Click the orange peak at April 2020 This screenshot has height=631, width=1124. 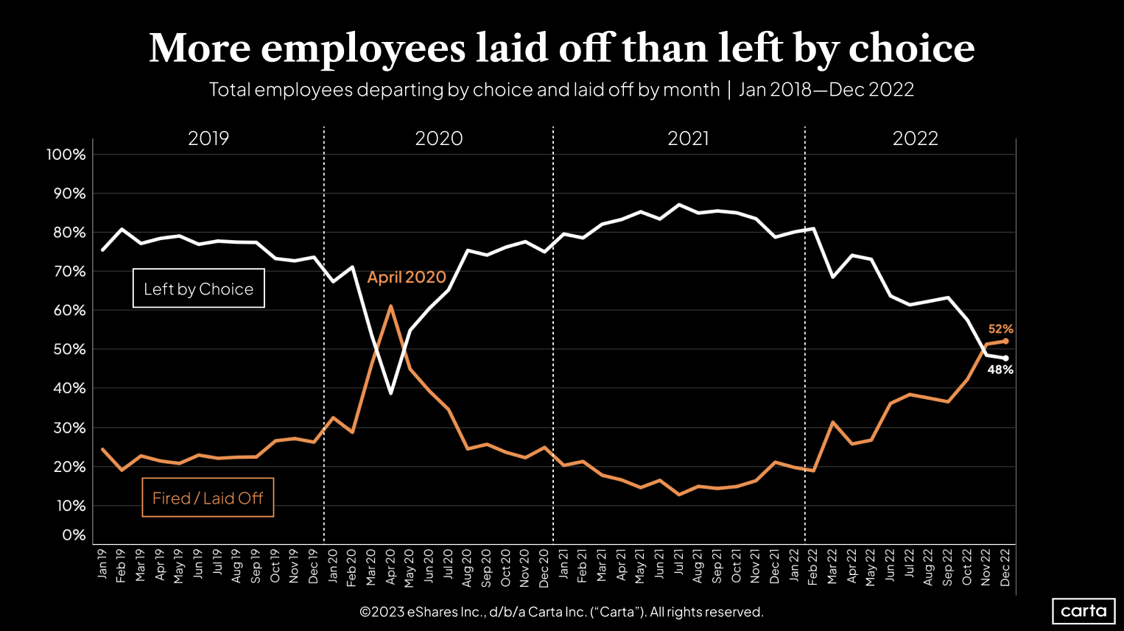(x=390, y=306)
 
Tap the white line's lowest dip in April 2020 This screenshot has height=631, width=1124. (x=390, y=393)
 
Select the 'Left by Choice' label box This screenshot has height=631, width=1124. (x=198, y=289)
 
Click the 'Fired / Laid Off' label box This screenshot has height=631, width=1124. (x=208, y=498)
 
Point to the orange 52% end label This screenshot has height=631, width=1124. (x=1000, y=329)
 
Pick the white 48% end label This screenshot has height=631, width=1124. (x=1000, y=370)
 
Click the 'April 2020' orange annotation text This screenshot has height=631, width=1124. (x=407, y=277)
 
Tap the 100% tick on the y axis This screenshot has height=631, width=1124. (x=66, y=155)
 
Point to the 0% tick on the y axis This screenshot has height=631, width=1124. (x=74, y=535)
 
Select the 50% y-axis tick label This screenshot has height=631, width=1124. (x=69, y=349)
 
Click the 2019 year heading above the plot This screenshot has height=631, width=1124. (x=208, y=138)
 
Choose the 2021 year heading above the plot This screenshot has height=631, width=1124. (x=688, y=138)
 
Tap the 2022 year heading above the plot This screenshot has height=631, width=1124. (x=915, y=138)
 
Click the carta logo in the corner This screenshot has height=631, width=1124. (x=1083, y=611)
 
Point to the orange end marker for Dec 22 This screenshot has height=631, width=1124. (x=1005, y=341)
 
